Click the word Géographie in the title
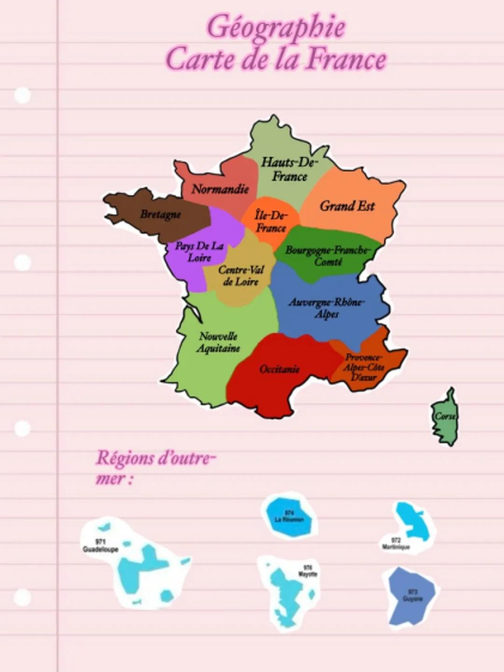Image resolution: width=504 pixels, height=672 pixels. coord(276,27)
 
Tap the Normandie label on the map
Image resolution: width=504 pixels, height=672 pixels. coord(220,189)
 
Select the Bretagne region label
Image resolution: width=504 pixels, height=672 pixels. coord(161,214)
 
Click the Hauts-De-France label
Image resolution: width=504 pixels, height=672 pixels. coord(289,169)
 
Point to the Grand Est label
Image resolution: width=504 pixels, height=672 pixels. coord(347,206)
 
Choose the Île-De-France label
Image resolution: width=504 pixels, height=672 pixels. coord(271,222)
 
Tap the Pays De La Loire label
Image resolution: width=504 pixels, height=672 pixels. coord(199,252)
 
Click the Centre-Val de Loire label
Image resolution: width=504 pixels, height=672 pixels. coord(241,276)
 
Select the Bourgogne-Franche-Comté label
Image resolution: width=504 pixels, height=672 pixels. coord(328,255)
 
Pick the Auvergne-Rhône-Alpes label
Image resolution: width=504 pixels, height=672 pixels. coord(327,308)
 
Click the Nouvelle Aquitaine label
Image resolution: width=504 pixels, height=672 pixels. coord(218,342)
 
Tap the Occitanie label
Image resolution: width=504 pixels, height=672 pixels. coord(280,369)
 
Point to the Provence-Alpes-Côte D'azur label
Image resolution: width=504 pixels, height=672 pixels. coord(364,367)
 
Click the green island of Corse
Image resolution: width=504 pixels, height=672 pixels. coord(445,417)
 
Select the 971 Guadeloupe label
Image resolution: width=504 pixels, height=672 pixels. coord(100,545)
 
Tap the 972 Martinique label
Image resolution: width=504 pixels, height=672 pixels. coord(396,544)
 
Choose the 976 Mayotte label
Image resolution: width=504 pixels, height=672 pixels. coord(308,571)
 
